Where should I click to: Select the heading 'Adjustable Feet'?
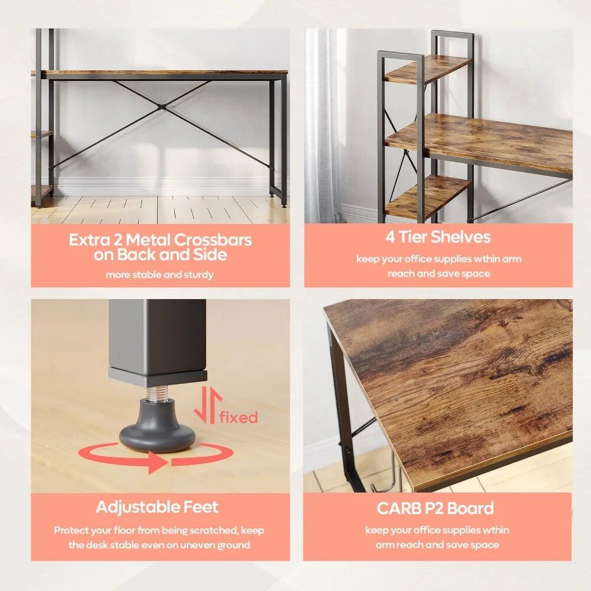[x=157, y=507]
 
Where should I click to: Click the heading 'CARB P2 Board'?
[x=435, y=508]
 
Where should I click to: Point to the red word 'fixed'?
[x=239, y=417]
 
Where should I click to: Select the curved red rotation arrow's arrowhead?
[x=157, y=462]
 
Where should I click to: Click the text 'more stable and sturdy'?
[x=160, y=275]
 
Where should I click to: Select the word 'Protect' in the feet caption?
[x=73, y=530]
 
